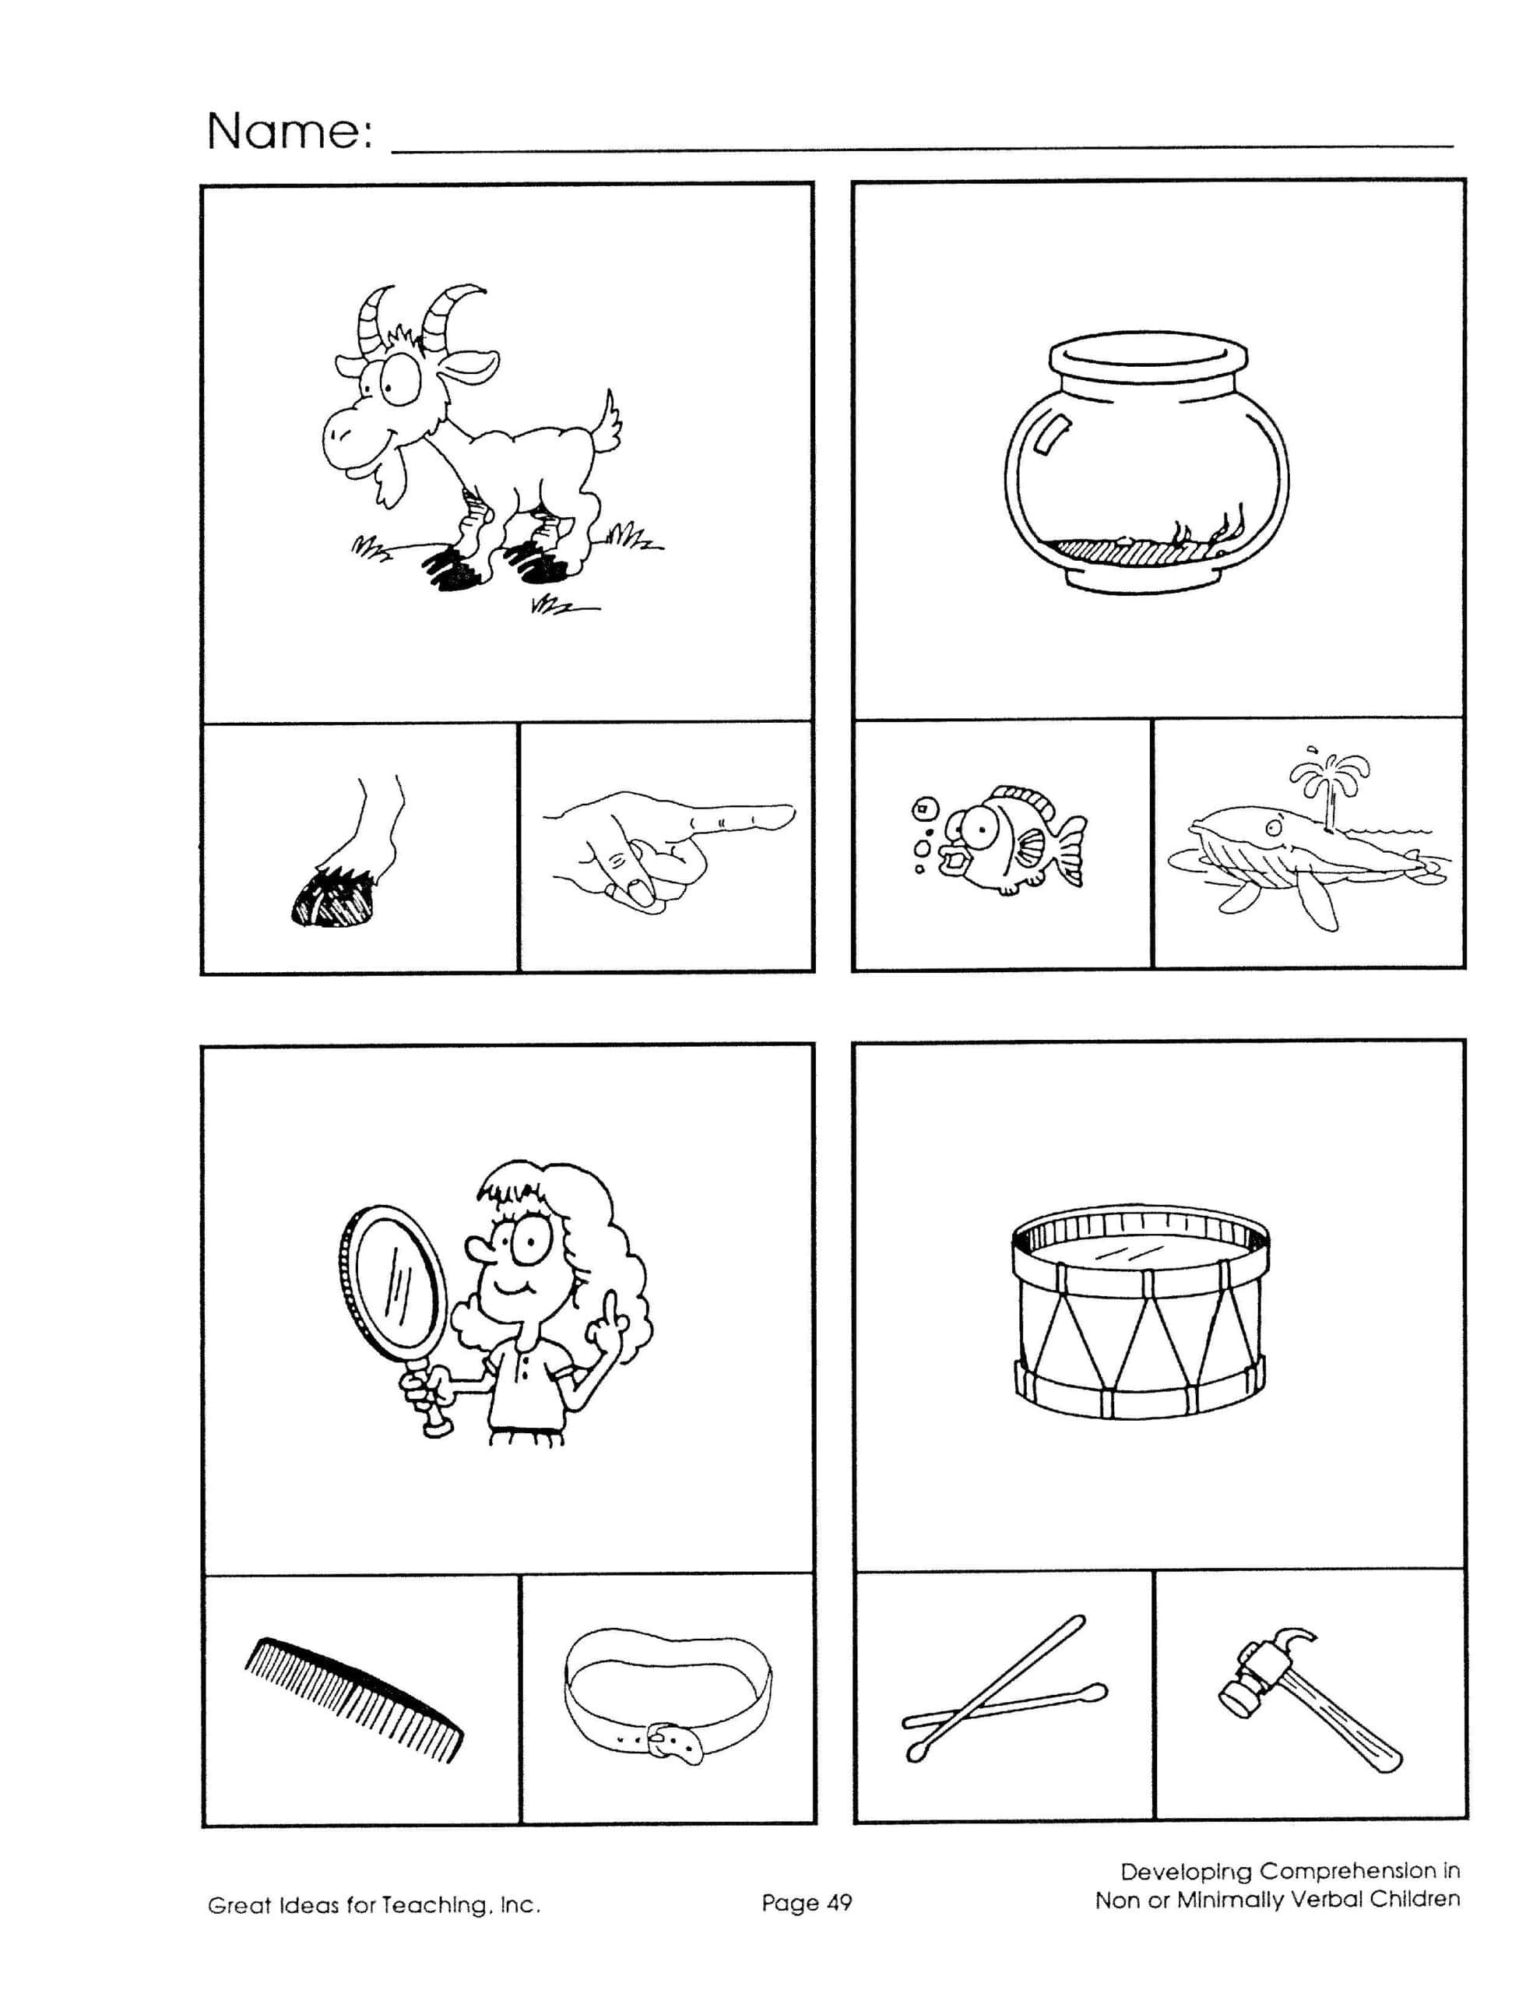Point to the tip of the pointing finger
coord(790,812)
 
